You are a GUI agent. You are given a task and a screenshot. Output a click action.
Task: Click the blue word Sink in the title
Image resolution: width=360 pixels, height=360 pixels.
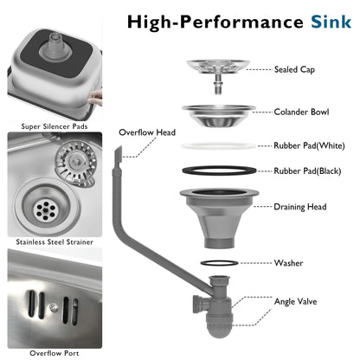[x=331, y=22]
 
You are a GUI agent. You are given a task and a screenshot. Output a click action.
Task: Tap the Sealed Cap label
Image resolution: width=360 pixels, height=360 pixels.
[x=294, y=69]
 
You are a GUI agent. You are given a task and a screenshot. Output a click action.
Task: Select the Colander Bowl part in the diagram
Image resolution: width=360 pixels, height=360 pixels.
[x=219, y=115]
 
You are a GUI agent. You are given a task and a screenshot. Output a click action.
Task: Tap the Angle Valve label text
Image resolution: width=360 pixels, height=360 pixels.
[x=295, y=301]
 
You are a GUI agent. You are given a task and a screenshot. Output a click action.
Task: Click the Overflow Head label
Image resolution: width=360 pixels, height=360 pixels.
[x=147, y=132]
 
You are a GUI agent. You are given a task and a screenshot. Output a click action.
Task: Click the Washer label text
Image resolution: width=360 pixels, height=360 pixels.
[x=288, y=263]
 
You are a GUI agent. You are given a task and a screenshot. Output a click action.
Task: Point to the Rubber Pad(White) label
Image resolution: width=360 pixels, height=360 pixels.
[x=309, y=145]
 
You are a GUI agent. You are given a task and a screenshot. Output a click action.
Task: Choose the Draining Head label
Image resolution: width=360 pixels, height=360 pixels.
[x=300, y=207]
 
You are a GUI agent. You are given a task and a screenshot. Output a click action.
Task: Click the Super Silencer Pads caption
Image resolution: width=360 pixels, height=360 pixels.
[x=55, y=126]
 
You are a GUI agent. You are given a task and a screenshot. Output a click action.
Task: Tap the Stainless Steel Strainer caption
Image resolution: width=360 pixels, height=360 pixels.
[x=55, y=241]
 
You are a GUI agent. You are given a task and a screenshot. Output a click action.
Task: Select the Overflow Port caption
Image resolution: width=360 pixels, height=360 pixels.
[x=55, y=353]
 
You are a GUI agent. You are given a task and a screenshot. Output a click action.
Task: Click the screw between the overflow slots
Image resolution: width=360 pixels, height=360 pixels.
[x=53, y=307]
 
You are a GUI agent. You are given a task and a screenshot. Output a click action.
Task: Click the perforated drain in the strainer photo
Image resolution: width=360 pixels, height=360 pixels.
[x=45, y=210]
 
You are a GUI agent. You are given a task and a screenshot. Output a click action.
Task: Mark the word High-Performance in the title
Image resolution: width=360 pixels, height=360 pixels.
[x=215, y=22]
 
